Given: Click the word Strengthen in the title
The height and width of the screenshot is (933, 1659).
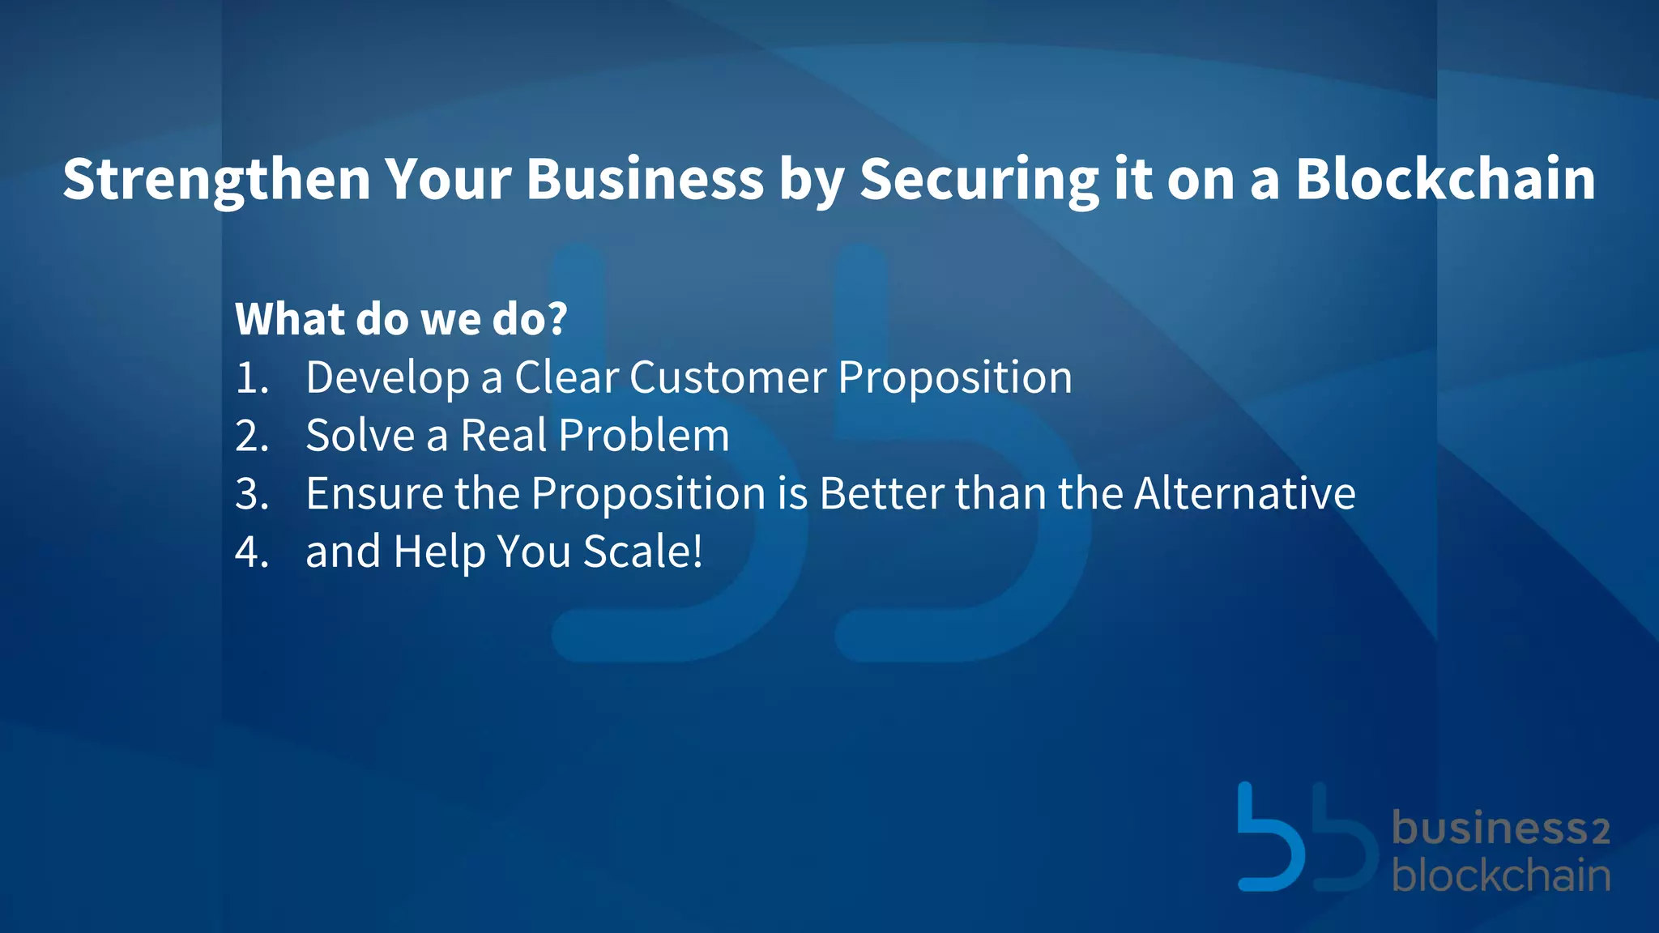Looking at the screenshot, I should coord(216,180).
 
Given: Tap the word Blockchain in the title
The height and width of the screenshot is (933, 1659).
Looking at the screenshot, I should coord(1445,178).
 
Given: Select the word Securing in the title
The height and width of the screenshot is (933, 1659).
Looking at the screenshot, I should coord(979,180).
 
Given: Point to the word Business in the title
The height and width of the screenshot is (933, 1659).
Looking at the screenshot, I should coord(645,178).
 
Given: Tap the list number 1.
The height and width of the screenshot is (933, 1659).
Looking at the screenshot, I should coord(250,378).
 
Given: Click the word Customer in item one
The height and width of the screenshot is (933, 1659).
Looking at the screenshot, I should coord(727,377).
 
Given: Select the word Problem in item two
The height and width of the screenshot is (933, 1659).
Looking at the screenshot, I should coord(643,436).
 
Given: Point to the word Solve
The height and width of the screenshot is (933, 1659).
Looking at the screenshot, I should coord(360,436).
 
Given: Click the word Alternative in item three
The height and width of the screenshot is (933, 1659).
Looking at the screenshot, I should coord(1244,493).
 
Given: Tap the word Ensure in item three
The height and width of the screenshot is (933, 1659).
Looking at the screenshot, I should coord(374,493).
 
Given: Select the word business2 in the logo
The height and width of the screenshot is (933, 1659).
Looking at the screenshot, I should coord(1500,829).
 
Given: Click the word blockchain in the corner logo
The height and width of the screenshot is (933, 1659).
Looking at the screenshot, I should coord(1500,875).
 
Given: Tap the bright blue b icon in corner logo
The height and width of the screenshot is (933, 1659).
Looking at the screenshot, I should coord(1269,842).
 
